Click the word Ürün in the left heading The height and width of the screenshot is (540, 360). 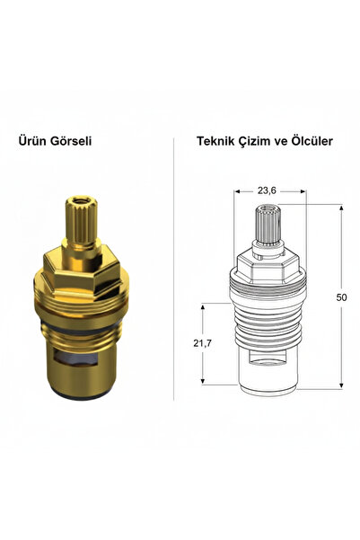tap(31, 140)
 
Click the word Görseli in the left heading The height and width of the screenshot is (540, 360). tap(71, 140)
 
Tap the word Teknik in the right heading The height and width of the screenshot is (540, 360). tap(215, 141)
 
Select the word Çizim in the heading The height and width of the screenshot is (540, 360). tap(255, 141)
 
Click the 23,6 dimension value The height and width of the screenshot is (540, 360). tap(267, 190)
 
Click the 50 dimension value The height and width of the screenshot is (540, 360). tap(341, 297)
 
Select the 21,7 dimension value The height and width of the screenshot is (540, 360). tap(202, 343)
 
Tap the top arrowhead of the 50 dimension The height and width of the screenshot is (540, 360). tap(341, 208)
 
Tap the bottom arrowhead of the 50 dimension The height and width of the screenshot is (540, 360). tap(341, 385)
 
